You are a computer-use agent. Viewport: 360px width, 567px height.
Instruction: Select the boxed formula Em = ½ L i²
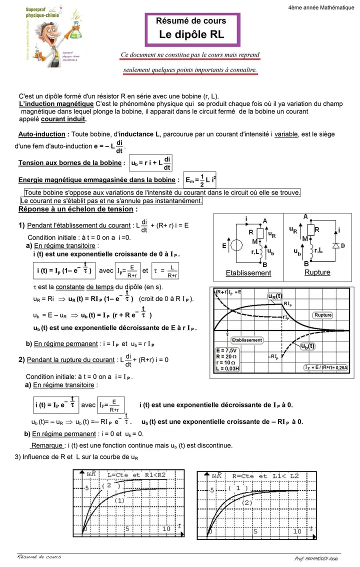pos(201,180)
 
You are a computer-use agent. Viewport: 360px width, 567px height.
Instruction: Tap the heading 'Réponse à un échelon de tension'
pos(77,209)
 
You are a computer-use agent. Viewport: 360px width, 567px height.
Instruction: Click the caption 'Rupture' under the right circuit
pos(317,272)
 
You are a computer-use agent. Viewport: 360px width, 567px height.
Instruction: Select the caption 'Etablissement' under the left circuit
pos(248,273)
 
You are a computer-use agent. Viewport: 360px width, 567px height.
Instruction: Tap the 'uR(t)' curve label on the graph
pos(274,296)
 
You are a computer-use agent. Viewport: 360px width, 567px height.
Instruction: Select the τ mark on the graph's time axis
pos(227,333)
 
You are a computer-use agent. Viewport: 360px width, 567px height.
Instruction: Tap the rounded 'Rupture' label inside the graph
pos(323,315)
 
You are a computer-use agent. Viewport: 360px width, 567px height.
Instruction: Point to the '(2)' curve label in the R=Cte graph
pos(247,502)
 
